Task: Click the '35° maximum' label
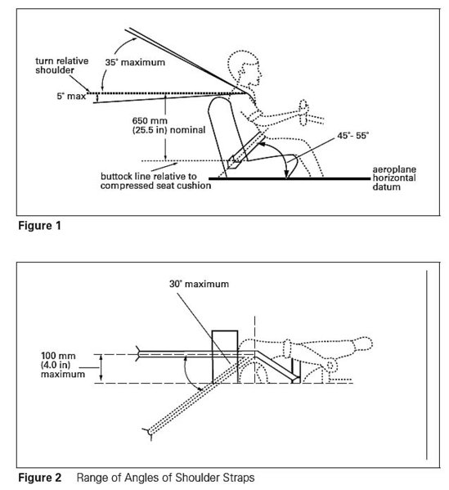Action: (135, 62)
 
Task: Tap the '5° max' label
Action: (71, 96)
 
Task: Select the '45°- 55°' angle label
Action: (352, 136)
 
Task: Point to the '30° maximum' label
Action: (199, 284)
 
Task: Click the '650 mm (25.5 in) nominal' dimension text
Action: (168, 125)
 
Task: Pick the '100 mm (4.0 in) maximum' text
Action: (63, 365)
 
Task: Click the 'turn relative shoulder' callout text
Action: (62, 65)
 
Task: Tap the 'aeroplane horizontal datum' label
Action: (394, 178)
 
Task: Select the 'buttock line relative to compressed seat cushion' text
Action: (155, 181)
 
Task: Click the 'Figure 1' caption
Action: (39, 226)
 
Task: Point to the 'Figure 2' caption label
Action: (40, 478)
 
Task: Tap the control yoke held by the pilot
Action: (304, 113)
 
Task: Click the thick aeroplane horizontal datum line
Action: (289, 179)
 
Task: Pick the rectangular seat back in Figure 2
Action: (225, 357)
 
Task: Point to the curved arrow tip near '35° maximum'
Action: (137, 38)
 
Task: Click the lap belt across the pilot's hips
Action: (247, 150)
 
